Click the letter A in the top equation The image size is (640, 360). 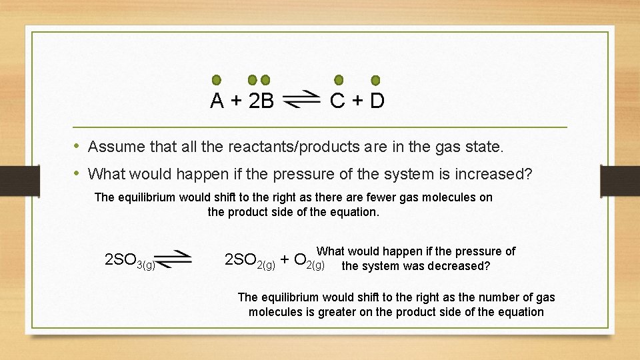coord(217,101)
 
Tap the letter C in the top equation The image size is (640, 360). coord(337,101)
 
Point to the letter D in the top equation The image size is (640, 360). coord(377,101)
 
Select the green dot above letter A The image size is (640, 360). coord(217,80)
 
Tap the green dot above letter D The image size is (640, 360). coord(375,80)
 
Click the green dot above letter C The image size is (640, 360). coord(339,80)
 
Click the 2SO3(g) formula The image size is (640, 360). coord(131,260)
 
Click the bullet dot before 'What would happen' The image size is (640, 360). coord(77,174)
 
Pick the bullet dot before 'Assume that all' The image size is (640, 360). coord(77,145)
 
